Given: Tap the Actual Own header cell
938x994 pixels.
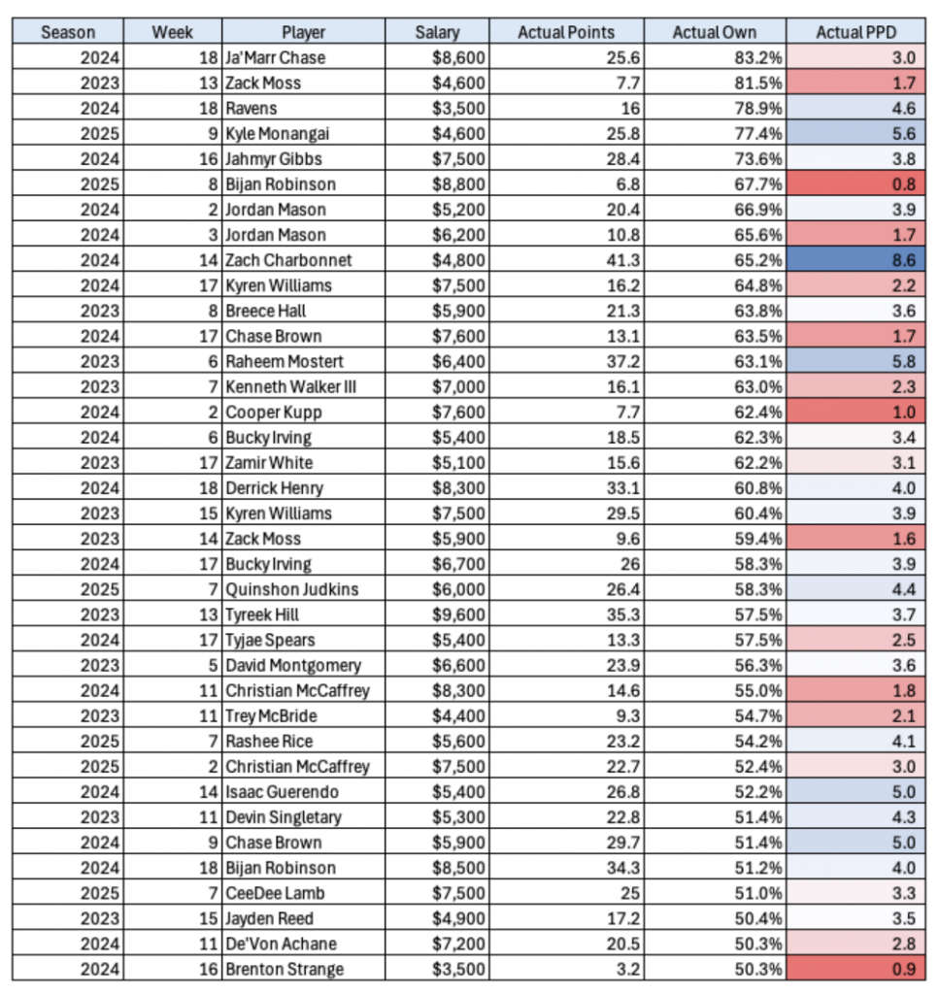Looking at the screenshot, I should (x=714, y=32).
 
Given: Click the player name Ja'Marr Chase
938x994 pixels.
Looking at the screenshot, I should (x=275, y=57).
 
